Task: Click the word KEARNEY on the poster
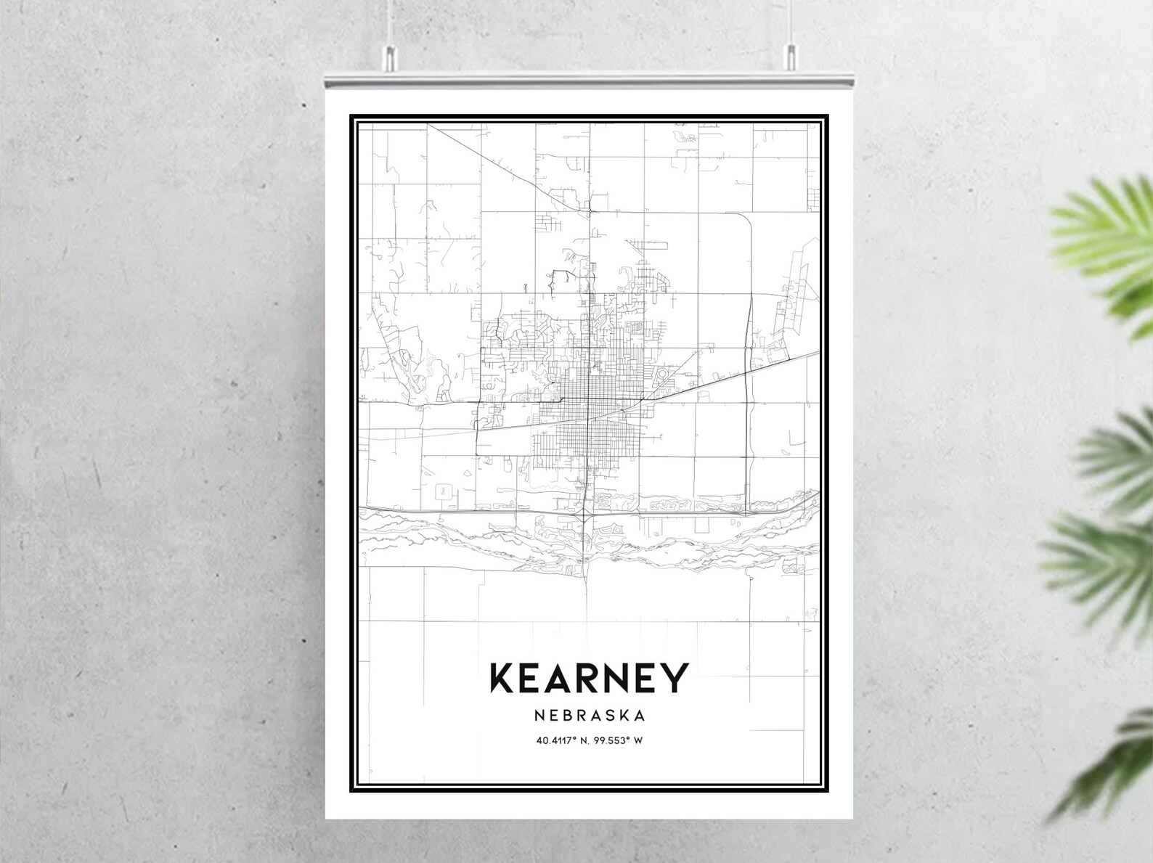point(589,678)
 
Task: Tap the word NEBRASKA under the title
point(589,716)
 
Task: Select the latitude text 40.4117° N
point(563,741)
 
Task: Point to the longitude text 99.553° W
point(619,741)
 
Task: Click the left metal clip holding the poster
point(391,57)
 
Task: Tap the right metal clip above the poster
point(791,57)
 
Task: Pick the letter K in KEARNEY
point(503,678)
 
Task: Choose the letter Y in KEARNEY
point(674,678)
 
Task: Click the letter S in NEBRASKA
point(607,716)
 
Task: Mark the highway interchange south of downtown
point(585,514)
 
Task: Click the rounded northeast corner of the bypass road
point(743,218)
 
